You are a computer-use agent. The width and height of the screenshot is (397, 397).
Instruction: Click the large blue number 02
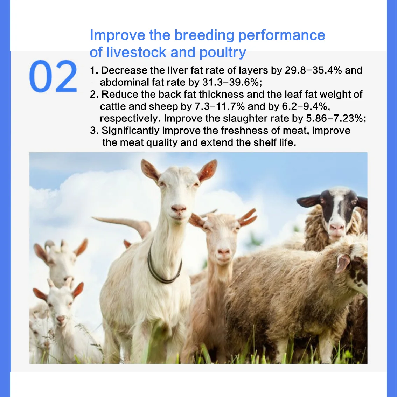tap(53, 76)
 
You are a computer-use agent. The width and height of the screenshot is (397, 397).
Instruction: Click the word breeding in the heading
tap(204, 35)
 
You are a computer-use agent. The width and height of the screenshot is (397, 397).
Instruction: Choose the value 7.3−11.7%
tap(220, 106)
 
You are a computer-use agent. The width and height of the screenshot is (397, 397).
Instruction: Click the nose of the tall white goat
tap(179, 209)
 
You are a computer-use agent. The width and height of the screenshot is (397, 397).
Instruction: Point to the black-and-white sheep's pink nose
tap(337, 228)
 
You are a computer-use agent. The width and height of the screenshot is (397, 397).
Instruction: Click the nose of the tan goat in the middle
tap(223, 252)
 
